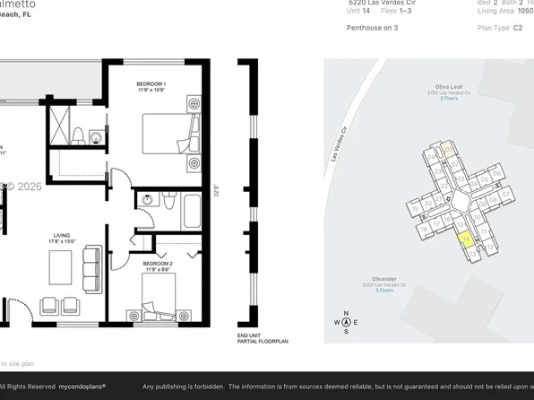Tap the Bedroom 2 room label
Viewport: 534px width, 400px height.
pyautogui.click(x=157, y=265)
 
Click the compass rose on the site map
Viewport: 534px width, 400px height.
pyautogui.click(x=347, y=322)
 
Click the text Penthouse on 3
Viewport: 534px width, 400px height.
pyautogui.click(x=372, y=28)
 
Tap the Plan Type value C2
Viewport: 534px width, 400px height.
pyautogui.click(x=518, y=28)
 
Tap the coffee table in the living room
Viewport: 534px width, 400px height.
pyautogui.click(x=61, y=267)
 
